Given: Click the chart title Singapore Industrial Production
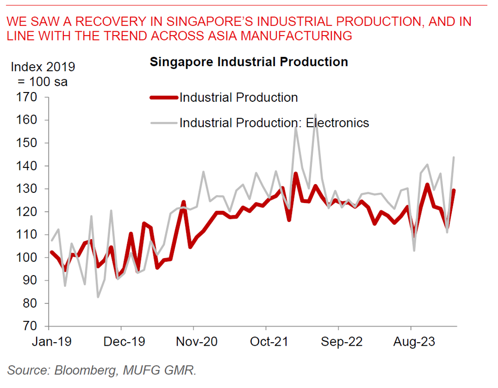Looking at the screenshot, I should tap(249, 62).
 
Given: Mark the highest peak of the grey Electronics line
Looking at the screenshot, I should tap(316, 115).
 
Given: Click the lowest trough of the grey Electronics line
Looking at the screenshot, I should tap(98, 296).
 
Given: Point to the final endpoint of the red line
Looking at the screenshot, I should tap(454, 190).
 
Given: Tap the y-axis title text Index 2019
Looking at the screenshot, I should tap(43, 67).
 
